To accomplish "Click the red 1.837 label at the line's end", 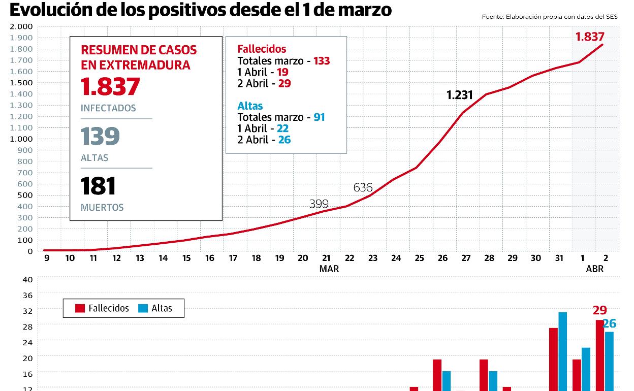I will click(x=590, y=37).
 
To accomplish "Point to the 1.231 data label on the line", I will click(x=459, y=95).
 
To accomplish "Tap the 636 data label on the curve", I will click(x=363, y=187).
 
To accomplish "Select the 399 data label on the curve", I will click(x=319, y=204).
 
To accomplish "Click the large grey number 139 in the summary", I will click(x=100, y=136).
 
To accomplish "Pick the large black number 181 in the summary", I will click(x=98, y=186).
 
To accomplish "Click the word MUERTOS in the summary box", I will click(x=102, y=208).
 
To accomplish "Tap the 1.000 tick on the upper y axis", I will click(x=21, y=139).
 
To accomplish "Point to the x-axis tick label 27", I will click(x=466, y=258).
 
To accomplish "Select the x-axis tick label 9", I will click(x=46, y=258).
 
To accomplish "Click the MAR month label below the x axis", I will click(x=329, y=269).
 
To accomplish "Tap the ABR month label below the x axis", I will click(x=594, y=269).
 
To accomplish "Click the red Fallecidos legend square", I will click(x=80, y=308).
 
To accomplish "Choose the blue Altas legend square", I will click(x=143, y=308).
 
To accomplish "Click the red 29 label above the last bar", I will click(x=599, y=310).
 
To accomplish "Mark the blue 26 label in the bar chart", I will click(x=609, y=323).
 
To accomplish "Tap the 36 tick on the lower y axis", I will click(x=27, y=295).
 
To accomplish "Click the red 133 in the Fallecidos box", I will click(x=322, y=61).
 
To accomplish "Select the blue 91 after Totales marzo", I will click(x=319, y=117).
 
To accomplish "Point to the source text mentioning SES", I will click(x=550, y=17).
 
